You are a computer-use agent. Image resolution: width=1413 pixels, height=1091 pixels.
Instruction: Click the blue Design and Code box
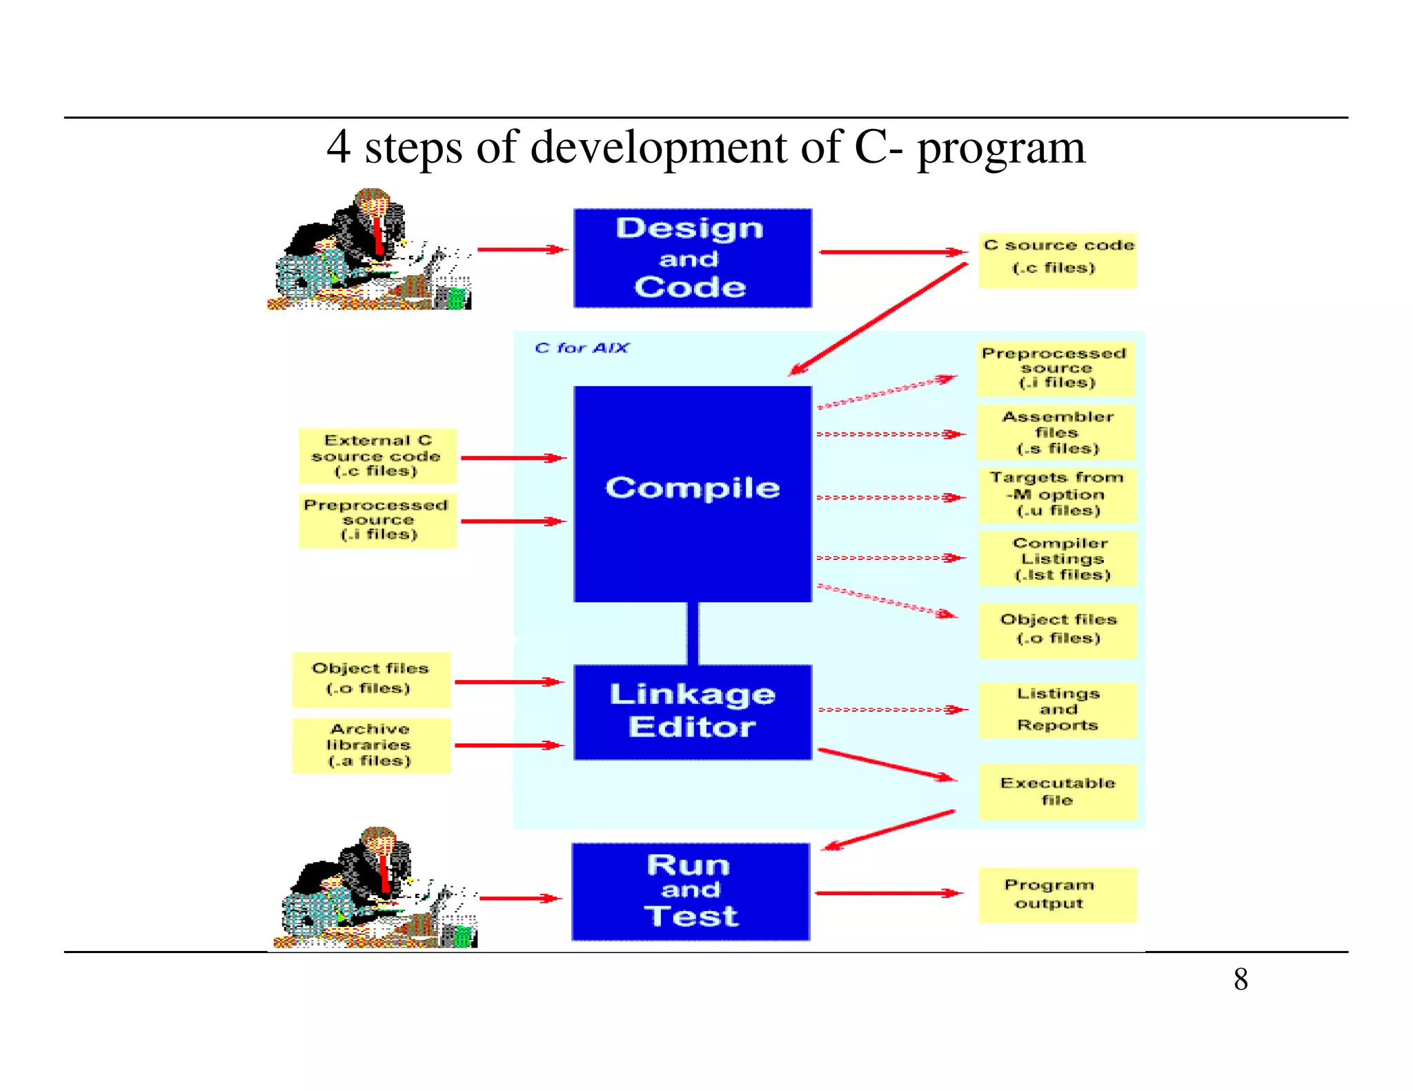point(692,258)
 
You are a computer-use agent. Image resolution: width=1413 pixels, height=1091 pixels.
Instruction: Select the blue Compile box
point(692,493)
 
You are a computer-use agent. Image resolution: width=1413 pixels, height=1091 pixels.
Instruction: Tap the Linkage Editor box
point(692,712)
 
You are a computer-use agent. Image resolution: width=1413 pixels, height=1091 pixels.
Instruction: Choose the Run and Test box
point(690,891)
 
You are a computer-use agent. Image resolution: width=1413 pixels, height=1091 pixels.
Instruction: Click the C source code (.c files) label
point(1057,259)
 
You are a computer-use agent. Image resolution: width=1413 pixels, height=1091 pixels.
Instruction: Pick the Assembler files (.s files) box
point(1056,432)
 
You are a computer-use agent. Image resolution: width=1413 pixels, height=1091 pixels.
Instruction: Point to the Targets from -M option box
point(1057,494)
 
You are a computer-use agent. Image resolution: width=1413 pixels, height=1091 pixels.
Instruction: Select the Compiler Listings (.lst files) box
point(1058,559)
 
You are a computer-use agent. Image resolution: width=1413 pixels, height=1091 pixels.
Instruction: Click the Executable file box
point(1057,791)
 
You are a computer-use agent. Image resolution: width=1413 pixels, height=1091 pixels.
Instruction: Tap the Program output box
point(1056,894)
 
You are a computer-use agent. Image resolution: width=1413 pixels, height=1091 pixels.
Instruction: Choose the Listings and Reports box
point(1057,710)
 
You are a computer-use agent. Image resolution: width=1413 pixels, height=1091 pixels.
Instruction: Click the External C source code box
point(377,456)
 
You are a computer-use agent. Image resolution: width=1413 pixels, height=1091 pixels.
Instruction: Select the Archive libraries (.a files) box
point(371,745)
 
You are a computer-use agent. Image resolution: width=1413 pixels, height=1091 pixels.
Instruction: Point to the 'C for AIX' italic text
point(581,348)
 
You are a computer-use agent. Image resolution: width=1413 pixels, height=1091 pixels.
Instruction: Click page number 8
point(1241,979)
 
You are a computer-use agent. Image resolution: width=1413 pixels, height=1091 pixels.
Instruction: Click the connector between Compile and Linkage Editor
point(692,633)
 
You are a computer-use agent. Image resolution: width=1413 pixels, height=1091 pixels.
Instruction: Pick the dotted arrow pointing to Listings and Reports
point(890,709)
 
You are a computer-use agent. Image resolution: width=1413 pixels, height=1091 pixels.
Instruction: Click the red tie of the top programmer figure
point(378,234)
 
